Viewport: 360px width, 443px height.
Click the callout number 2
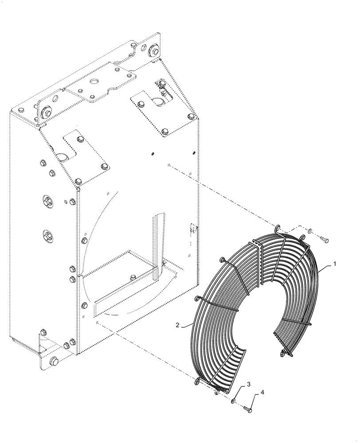coord(177,325)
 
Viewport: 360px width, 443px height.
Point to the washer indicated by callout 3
coord(232,401)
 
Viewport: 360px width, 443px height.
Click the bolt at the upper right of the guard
coord(325,240)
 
